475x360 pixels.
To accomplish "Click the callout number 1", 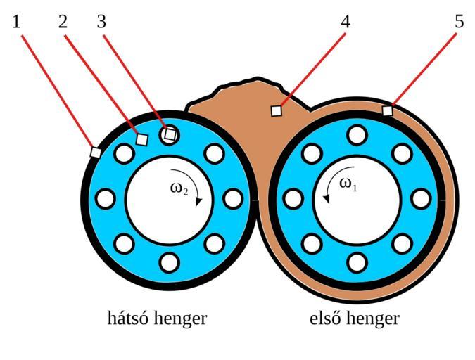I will pyautogui.click(x=16, y=22).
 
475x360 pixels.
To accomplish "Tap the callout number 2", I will pyautogui.click(x=63, y=22).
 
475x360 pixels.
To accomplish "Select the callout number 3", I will pyautogui.click(x=101, y=22).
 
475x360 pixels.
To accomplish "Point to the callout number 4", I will pyautogui.click(x=345, y=22).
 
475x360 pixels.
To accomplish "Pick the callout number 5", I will pyautogui.click(x=459, y=22).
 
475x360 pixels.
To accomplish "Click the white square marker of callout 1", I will pyautogui.click(x=96, y=151).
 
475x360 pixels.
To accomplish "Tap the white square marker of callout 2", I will pyautogui.click(x=141, y=139).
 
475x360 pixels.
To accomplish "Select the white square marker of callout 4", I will pyautogui.click(x=277, y=110).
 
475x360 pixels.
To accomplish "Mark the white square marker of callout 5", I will pyautogui.click(x=387, y=110).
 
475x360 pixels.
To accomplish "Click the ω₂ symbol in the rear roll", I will pyautogui.click(x=179, y=188).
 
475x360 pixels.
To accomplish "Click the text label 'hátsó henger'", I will pyautogui.click(x=157, y=319).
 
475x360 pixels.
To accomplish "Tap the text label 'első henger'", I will pyautogui.click(x=355, y=319).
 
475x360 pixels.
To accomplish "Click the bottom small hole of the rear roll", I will pyautogui.click(x=169, y=262).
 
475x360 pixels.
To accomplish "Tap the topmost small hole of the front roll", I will pyautogui.click(x=357, y=135).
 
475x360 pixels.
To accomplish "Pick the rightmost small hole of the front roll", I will pyautogui.click(x=421, y=198).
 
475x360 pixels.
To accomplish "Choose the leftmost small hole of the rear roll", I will pyautogui.click(x=106, y=198).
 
